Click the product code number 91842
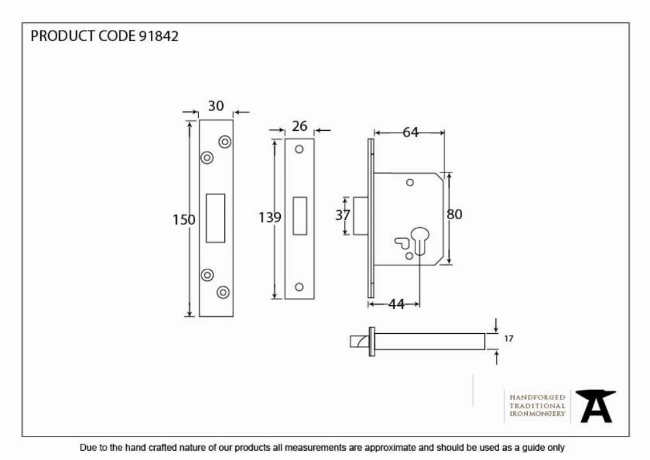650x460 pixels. coord(159,36)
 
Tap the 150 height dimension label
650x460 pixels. coord(184,219)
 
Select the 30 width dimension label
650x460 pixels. coord(216,106)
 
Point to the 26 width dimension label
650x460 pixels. coord(299,126)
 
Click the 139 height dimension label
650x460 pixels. coord(270,217)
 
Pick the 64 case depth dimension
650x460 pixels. coord(410,132)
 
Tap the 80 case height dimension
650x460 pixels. coord(454,215)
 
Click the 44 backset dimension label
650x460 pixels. coord(396,304)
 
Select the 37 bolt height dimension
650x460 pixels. coord(343,215)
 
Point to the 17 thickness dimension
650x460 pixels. coord(509,339)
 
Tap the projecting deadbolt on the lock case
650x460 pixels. coord(360,216)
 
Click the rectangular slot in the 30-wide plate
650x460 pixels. coord(216,218)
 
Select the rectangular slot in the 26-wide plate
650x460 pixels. coord(300,216)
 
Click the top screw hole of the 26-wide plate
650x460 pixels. coord(299,150)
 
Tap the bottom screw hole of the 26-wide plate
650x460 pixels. coord(299,287)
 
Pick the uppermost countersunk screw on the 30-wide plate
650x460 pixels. coord(225,142)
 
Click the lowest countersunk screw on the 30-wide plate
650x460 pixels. coord(223,292)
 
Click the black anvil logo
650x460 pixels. coord(595,406)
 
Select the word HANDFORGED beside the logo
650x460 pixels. coord(538,398)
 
